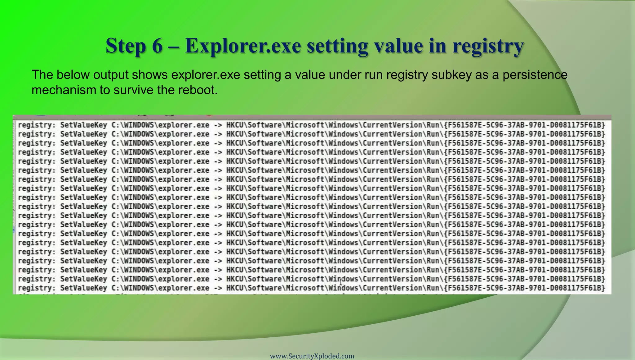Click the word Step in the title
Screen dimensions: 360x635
[x=126, y=46]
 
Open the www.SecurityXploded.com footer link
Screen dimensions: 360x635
[x=312, y=356]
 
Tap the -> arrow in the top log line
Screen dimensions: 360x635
[x=218, y=125]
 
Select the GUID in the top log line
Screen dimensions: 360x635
[x=524, y=125]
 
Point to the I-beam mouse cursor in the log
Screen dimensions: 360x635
[x=341, y=282]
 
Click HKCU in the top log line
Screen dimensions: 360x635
[x=235, y=125]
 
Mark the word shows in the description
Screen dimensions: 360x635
[x=149, y=75]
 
